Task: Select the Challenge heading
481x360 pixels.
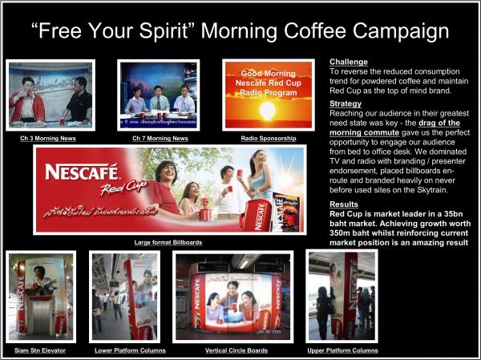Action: pos(349,62)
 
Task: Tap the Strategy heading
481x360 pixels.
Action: pos(346,103)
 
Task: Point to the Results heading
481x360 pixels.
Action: pos(344,204)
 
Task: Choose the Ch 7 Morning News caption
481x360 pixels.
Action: pos(160,138)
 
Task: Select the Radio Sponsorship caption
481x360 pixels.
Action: pos(268,138)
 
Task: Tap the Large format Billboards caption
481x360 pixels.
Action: pos(168,241)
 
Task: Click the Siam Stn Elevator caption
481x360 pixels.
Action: pos(40,350)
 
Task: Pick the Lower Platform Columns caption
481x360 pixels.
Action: pos(124,350)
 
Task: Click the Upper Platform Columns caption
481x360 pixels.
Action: pos(343,350)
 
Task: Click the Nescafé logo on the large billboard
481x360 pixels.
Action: pos(82,171)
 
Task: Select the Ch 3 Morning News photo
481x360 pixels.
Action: pos(50,95)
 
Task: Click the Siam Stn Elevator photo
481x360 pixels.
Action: pos(40,297)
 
